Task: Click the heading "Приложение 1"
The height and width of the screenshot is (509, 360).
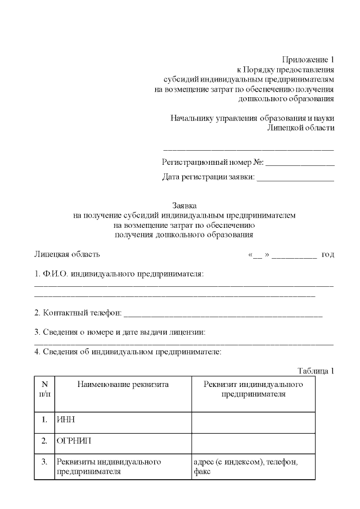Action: pyautogui.click(x=308, y=60)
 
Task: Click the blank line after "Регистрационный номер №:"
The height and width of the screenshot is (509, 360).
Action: pyautogui.click(x=299, y=164)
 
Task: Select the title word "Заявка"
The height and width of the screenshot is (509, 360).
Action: pyautogui.click(x=184, y=206)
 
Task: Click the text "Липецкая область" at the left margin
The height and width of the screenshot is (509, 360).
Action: pyautogui.click(x=67, y=254)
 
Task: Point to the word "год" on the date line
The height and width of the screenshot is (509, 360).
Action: pyautogui.click(x=327, y=254)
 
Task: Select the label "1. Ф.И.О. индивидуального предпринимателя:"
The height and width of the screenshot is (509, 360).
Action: pyautogui.click(x=119, y=274)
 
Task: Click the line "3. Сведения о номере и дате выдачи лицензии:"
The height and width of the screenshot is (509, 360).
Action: pyautogui.click(x=120, y=332)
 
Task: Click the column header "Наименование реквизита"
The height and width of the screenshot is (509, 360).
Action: pyautogui.click(x=123, y=385)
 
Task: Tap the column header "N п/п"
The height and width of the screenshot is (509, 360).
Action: pyautogui.click(x=44, y=389)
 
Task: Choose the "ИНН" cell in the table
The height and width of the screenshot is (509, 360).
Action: pyautogui.click(x=66, y=420)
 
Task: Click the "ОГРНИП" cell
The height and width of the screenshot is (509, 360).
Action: pyautogui.click(x=70, y=442)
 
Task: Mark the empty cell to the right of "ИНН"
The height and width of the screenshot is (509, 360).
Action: pyautogui.click(x=253, y=420)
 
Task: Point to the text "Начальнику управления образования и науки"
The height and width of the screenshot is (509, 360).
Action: pyautogui.click(x=252, y=118)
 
